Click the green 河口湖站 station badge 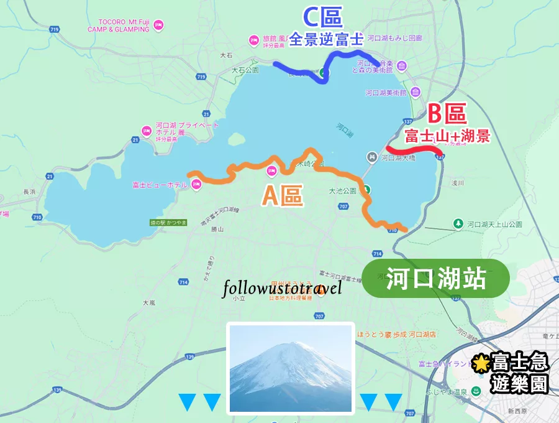(435, 279)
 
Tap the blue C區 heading (322, 17)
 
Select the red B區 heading (447, 114)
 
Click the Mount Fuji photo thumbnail (291, 368)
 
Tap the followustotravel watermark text (283, 288)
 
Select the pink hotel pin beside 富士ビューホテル (196, 184)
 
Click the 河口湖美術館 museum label (385, 93)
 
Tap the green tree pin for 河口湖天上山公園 (458, 223)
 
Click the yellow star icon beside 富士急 (480, 363)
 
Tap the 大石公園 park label (244, 71)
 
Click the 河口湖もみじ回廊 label (394, 38)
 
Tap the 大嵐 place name (148, 303)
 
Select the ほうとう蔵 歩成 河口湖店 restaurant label (405, 335)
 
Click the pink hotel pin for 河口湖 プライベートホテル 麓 (146, 131)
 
